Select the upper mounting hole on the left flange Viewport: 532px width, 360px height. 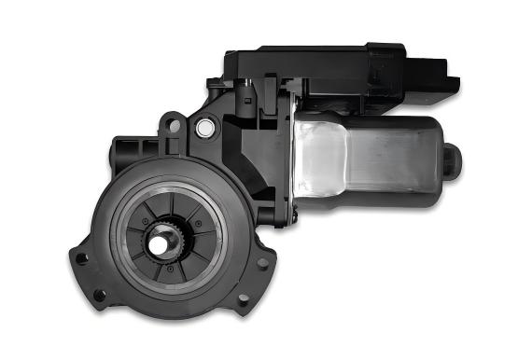point(81,258)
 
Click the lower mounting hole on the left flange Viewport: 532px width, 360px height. point(100,297)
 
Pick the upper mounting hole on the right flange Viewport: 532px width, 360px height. point(262,263)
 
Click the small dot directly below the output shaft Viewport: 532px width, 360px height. point(169,270)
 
